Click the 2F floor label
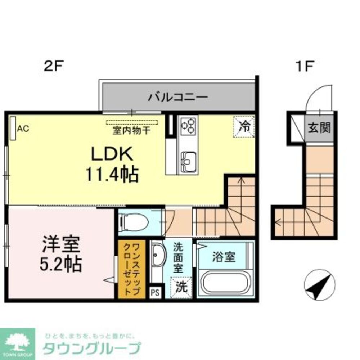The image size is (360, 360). point(54,66)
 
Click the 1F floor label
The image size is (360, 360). point(305,66)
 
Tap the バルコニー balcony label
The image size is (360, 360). point(178,97)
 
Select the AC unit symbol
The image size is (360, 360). point(13,128)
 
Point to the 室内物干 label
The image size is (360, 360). point(132,130)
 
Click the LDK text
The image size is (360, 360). point(112,155)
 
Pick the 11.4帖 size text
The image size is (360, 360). point(112,175)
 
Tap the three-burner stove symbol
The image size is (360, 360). point(188,126)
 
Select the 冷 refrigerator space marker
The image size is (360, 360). point(244,126)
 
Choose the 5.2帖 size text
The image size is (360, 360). point(61,265)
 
